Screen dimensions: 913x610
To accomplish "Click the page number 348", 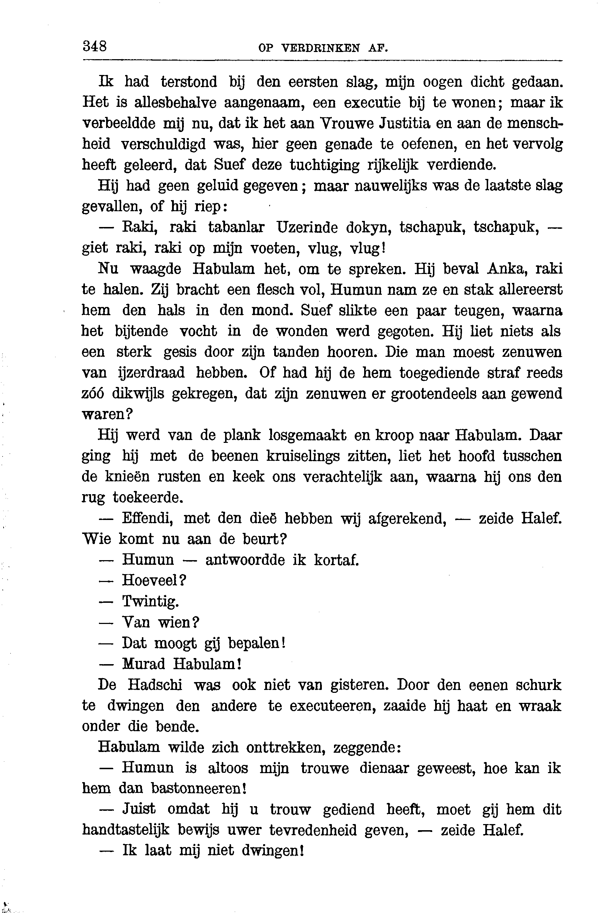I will (x=95, y=46).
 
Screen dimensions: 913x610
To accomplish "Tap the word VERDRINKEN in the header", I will (x=320, y=48).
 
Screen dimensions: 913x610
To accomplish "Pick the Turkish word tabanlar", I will (x=236, y=227).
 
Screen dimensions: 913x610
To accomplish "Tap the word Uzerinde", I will (x=306, y=227).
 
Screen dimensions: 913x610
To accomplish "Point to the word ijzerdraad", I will (x=151, y=373).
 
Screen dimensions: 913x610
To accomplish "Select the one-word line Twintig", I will (x=151, y=602).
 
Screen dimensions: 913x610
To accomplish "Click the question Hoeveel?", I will (x=154, y=581).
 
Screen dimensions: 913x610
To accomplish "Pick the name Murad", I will (x=144, y=664).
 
